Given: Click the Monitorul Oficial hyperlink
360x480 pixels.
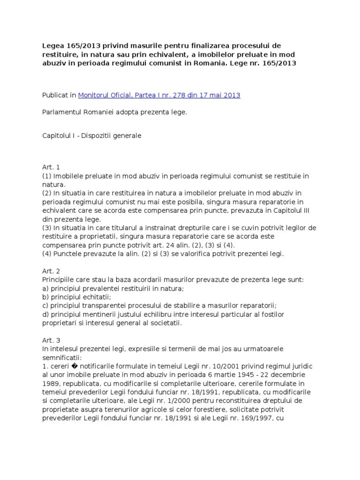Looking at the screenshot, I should click(159, 95).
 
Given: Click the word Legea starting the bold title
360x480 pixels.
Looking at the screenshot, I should click(54, 45).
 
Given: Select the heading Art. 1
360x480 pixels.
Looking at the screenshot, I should click(51, 167).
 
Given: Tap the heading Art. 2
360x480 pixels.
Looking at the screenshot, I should click(51, 271).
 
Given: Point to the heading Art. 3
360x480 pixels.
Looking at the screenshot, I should click(51, 340).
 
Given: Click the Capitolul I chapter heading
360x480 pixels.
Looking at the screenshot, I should click(92, 135).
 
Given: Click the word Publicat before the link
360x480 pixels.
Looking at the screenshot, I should click(58, 95).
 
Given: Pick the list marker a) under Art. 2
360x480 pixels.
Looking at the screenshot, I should click(46, 288).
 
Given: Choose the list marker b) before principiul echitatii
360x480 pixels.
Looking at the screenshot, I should click(46, 297).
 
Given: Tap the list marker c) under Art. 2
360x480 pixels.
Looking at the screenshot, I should click(46, 306).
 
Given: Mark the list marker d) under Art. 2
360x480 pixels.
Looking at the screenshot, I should click(46, 314).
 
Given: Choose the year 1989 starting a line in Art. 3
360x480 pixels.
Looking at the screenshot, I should click(51, 383).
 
